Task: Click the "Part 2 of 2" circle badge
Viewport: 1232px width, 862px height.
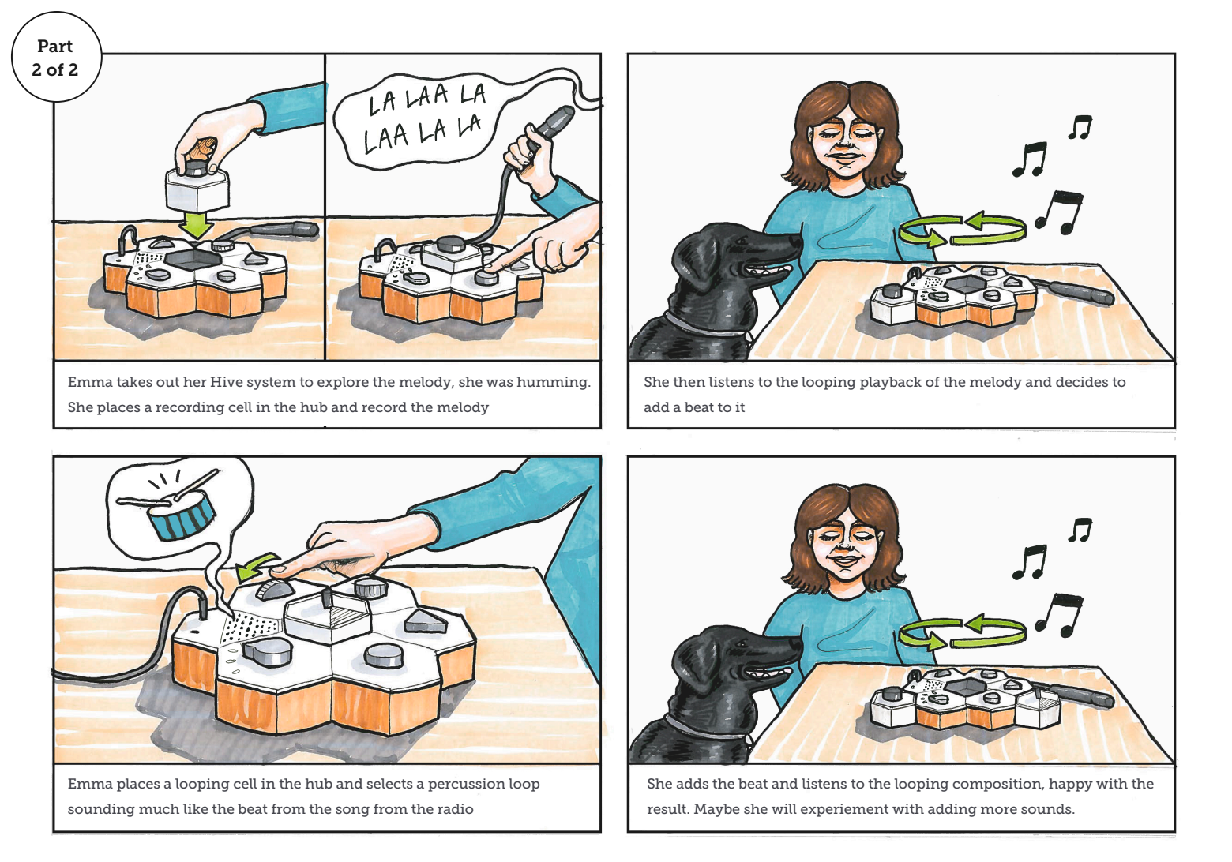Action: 56,57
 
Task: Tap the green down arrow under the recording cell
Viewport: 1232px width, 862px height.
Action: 197,226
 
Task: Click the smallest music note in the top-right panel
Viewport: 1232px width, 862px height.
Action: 1080,127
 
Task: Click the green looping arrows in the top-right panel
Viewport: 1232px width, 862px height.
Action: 962,230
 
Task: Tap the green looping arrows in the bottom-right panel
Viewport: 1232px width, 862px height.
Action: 962,632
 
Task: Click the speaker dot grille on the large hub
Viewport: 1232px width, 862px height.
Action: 252,627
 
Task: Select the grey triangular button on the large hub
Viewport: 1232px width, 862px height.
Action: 425,620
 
